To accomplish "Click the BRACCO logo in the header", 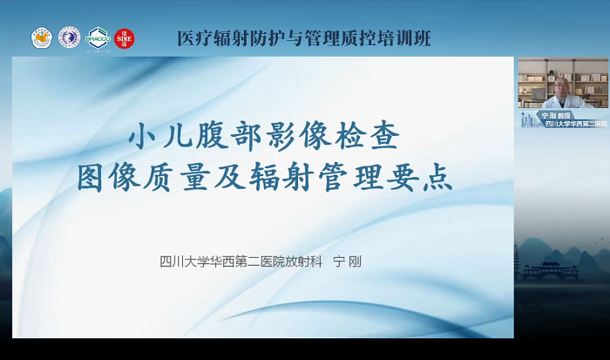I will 97,37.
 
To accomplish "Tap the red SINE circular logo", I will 125,37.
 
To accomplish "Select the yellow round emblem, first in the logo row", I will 42,37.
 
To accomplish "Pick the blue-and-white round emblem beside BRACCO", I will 69,37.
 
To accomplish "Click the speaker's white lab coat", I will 562,100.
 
